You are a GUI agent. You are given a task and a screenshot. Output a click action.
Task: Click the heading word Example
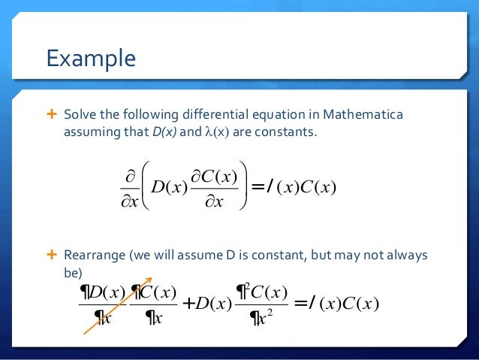[91, 58]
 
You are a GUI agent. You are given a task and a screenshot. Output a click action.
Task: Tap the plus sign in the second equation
[188, 303]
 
